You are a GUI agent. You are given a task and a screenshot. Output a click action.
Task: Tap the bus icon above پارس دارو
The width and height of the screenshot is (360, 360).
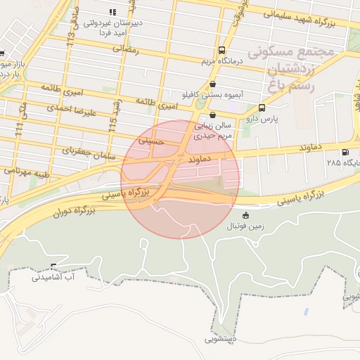tap(262, 108)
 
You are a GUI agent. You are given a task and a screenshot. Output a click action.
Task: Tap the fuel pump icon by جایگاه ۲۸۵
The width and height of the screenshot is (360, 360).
tap(344, 152)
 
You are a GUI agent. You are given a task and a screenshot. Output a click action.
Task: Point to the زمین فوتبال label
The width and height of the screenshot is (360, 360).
tap(243, 226)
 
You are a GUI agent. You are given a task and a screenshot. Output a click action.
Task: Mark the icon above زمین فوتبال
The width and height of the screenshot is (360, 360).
tap(245, 215)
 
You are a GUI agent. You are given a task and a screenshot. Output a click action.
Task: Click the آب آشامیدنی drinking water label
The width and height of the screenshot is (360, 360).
tap(53, 277)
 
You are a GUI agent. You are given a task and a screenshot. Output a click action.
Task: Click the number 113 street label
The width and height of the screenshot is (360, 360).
tap(70, 36)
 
